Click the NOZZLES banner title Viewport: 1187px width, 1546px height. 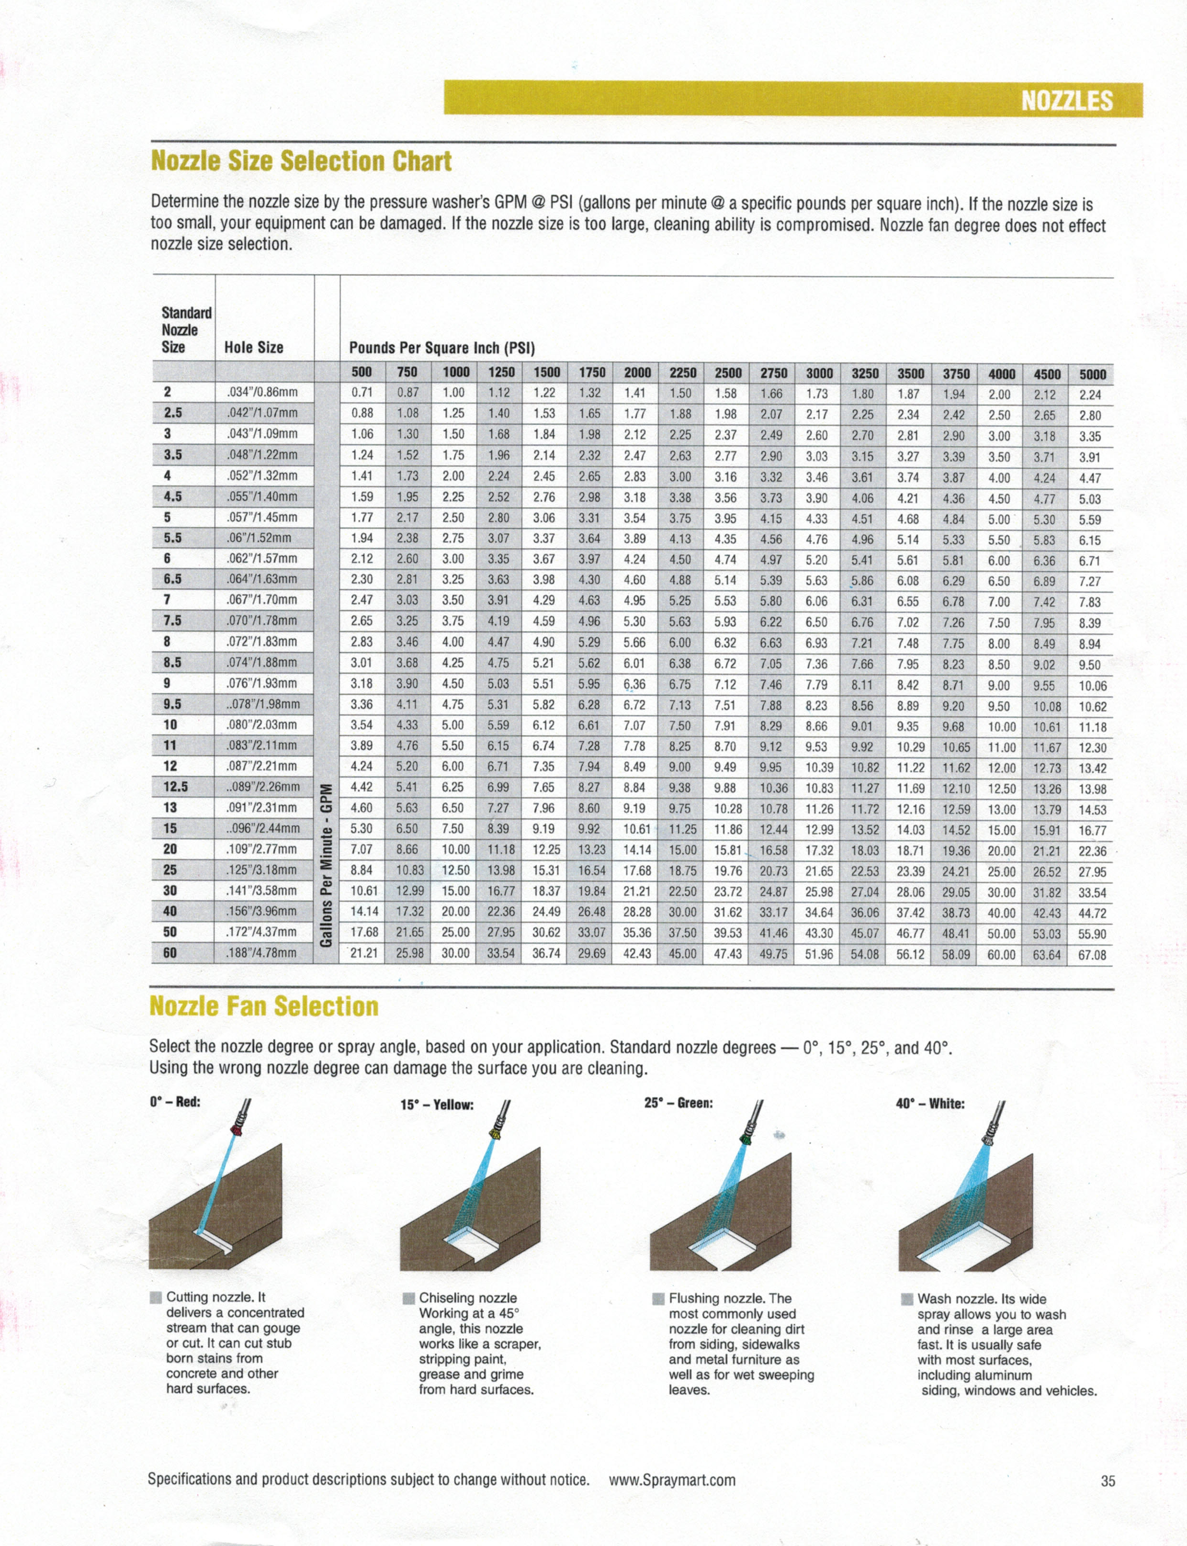tap(1066, 101)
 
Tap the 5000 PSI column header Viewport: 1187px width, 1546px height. tap(1092, 374)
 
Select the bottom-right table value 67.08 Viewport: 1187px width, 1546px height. tap(1092, 955)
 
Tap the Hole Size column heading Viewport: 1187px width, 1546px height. tap(254, 348)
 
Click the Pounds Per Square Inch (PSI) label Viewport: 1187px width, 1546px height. tap(441, 349)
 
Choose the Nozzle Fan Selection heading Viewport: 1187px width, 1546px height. tap(264, 1006)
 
